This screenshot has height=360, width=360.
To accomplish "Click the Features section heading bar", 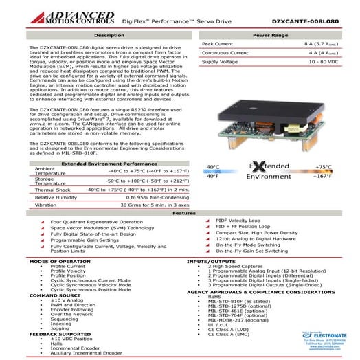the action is click(x=180, y=213).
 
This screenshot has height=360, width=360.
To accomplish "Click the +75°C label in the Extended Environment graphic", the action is click(x=322, y=167).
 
